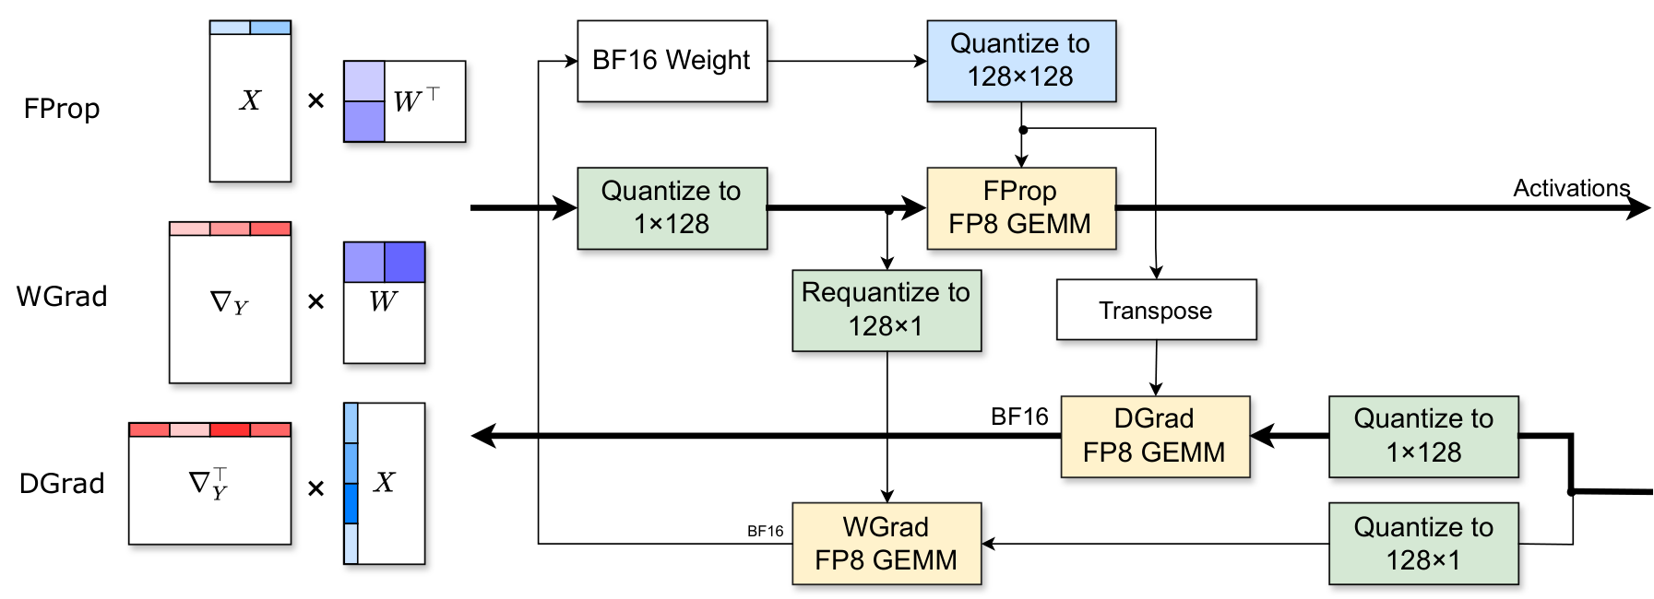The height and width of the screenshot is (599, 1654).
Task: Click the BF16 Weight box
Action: [x=672, y=61]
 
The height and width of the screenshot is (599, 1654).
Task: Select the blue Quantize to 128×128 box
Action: [x=1020, y=61]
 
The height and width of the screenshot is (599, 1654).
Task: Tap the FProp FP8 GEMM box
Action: [x=1020, y=207]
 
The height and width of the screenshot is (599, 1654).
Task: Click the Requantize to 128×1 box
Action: [x=886, y=310]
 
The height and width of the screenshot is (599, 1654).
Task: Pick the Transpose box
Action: [x=1155, y=311]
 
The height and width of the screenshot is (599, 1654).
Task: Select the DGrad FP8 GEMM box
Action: [x=1154, y=436]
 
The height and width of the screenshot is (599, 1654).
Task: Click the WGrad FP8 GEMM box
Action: [x=886, y=543]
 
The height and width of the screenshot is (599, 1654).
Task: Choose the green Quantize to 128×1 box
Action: [x=1422, y=543]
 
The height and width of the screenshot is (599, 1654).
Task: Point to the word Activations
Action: [x=1571, y=188]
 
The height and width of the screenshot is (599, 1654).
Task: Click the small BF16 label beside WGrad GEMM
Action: [x=765, y=531]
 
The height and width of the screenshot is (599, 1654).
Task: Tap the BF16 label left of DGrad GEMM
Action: [x=1019, y=417]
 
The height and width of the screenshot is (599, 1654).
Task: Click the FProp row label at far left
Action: [x=62, y=109]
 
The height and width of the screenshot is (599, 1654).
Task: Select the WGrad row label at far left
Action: [x=62, y=297]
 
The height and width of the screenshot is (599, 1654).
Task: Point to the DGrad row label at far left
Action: [x=62, y=484]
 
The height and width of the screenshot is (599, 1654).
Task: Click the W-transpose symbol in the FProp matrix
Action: [x=416, y=100]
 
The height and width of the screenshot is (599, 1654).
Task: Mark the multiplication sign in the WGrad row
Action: [x=315, y=301]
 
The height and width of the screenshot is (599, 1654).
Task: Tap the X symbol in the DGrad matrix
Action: [x=385, y=482]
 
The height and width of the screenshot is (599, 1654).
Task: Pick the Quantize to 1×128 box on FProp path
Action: [x=672, y=207]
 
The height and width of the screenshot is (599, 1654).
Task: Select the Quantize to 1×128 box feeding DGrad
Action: [x=1422, y=436]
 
